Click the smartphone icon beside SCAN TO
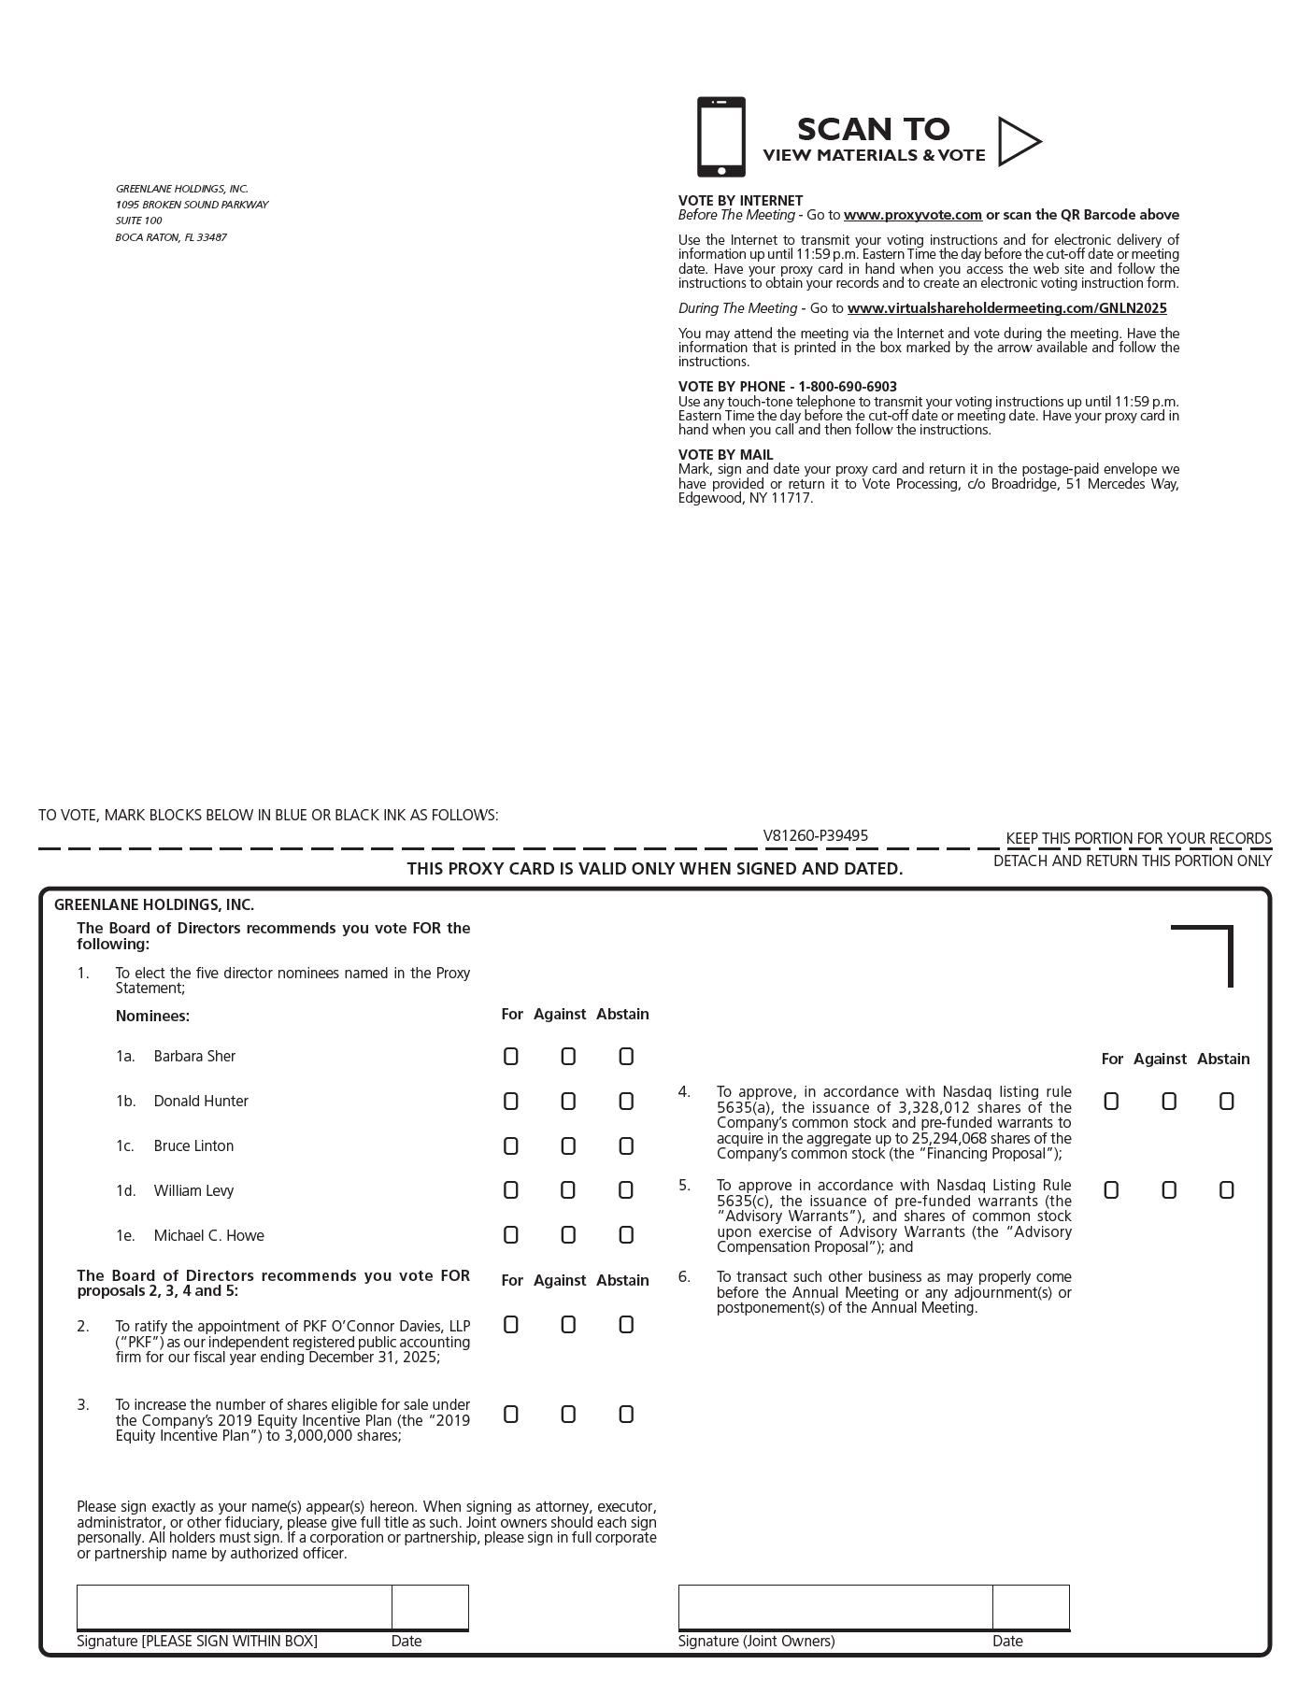[x=720, y=137]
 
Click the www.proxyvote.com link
[x=912, y=215]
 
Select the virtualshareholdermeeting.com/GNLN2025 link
[x=1006, y=308]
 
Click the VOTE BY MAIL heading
[x=725, y=455]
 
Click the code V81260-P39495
[x=815, y=836]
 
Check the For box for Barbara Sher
[x=510, y=1057]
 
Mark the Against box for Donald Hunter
[x=568, y=1102]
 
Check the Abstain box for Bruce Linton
[x=626, y=1146]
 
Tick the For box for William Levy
[x=510, y=1190]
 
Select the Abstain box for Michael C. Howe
[x=626, y=1235]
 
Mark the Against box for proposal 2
[x=568, y=1325]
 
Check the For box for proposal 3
[x=510, y=1415]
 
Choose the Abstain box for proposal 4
[x=1226, y=1102]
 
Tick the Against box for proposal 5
[x=1168, y=1190]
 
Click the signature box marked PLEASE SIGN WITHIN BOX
[x=234, y=1607]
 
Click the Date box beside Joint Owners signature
[x=1031, y=1607]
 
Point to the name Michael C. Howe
[x=208, y=1236]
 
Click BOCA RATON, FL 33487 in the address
[x=171, y=237]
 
